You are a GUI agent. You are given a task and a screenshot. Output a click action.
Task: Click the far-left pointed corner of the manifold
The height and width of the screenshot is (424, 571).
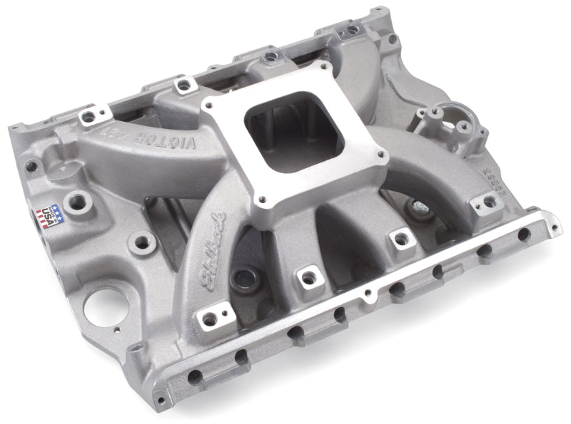coord(9,129)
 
